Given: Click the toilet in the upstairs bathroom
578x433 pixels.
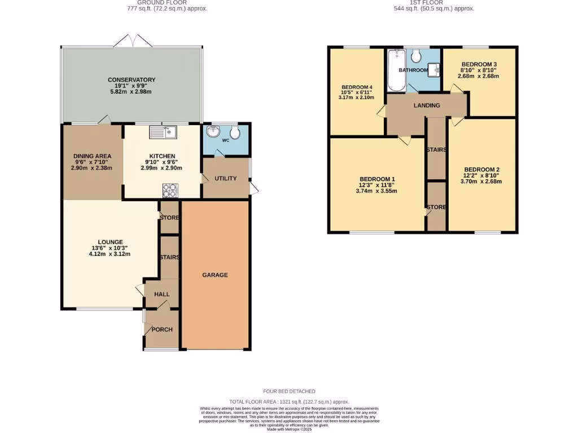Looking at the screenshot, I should (x=416, y=55).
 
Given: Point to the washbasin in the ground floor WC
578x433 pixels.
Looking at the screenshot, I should (x=214, y=132).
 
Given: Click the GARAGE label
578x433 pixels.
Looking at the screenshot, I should (x=215, y=275).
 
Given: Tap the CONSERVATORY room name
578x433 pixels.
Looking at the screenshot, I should (x=132, y=80).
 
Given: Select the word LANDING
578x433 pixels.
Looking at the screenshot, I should (x=426, y=105).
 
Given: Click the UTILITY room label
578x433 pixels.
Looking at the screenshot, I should (x=225, y=179).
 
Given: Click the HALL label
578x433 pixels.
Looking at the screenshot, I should (x=162, y=294).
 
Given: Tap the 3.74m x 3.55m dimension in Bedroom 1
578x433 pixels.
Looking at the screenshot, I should (x=376, y=191).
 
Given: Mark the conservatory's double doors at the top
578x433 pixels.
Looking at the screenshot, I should (x=132, y=41).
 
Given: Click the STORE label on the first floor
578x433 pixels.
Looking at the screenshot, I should (x=436, y=207).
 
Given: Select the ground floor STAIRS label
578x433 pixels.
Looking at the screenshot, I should (x=169, y=258).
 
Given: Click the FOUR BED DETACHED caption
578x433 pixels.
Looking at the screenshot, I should (x=289, y=391).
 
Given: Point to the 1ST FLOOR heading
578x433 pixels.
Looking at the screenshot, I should (x=434, y=2).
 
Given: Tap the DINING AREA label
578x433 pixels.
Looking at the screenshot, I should (x=92, y=156).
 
